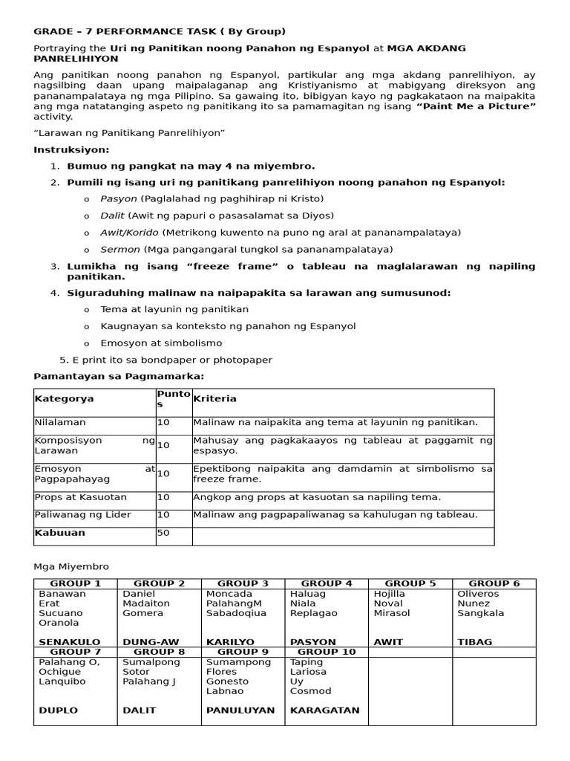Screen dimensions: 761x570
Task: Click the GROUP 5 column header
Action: click(x=410, y=583)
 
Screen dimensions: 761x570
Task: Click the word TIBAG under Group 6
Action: click(x=474, y=642)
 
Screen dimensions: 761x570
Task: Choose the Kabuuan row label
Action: click(x=60, y=533)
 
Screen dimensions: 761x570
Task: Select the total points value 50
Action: click(x=163, y=533)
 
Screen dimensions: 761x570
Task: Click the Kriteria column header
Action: click(x=214, y=399)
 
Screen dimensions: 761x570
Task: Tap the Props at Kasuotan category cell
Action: click(x=81, y=497)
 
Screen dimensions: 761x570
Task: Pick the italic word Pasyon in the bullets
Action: click(x=119, y=199)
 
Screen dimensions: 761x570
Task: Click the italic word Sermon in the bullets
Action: click(x=120, y=250)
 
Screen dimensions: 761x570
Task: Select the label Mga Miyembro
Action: click(x=71, y=566)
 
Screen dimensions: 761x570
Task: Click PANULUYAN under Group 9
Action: click(x=240, y=710)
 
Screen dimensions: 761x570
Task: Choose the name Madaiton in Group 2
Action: click(x=146, y=603)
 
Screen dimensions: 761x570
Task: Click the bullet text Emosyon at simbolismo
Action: click(x=161, y=343)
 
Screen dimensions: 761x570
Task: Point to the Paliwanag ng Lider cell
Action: click(x=82, y=515)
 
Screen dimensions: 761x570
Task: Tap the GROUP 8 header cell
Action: click(x=159, y=652)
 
